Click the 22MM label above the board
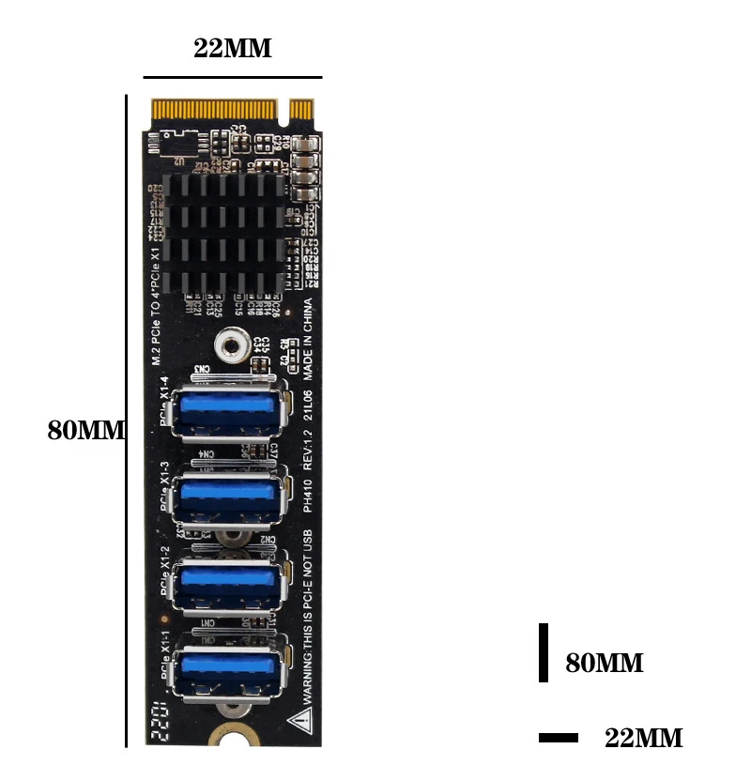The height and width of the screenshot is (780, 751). click(x=233, y=49)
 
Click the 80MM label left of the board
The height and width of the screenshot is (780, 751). click(x=86, y=431)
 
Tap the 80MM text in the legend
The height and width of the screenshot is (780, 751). click(x=604, y=664)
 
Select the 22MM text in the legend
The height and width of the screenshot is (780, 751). click(x=643, y=738)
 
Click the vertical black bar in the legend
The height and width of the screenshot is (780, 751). click(x=543, y=652)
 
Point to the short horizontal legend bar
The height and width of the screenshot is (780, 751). click(x=559, y=738)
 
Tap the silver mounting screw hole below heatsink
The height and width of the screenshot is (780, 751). click(x=231, y=346)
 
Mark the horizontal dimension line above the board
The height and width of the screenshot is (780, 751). click(x=233, y=77)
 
